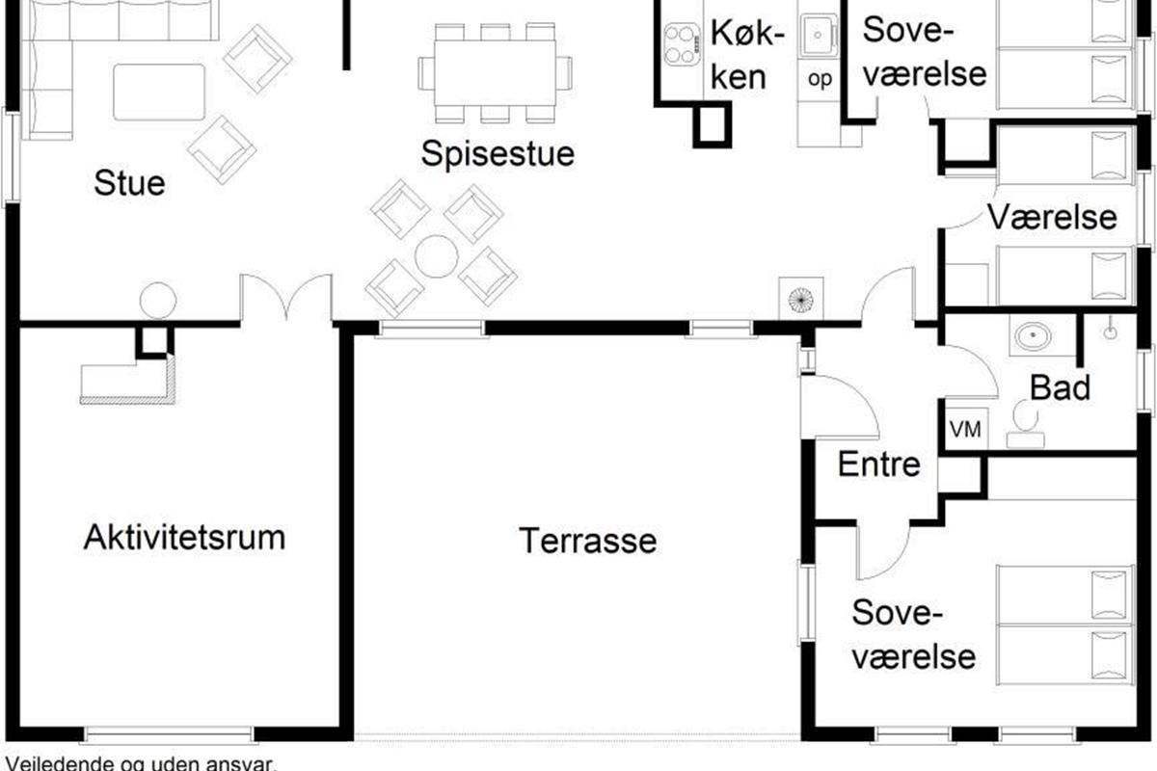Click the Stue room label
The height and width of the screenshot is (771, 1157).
pos(129,183)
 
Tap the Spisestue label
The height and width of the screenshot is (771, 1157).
pos(498,153)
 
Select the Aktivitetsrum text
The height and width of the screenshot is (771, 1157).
pos(184,538)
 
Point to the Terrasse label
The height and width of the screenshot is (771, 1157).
pos(588,541)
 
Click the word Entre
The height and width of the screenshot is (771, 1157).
pos(879,465)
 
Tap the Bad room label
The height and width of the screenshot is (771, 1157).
pos(1060,387)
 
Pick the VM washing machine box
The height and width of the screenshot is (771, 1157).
pos(965,429)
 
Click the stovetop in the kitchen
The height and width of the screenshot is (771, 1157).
pos(682,44)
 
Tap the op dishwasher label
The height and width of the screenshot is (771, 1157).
pos(820,80)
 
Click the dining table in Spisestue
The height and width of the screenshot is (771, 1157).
pos(496,73)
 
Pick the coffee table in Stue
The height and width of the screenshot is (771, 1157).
pos(159,93)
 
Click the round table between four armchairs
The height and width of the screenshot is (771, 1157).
pos(437,256)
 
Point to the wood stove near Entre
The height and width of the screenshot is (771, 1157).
pos(801,300)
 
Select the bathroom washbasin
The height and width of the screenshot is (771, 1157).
pos(1033,335)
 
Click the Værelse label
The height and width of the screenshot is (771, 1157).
pos(1052,217)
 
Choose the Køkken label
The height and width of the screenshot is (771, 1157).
pos(746,55)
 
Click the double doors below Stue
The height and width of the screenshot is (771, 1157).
pos(286,298)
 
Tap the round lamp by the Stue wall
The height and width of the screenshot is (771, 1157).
pos(158,301)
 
